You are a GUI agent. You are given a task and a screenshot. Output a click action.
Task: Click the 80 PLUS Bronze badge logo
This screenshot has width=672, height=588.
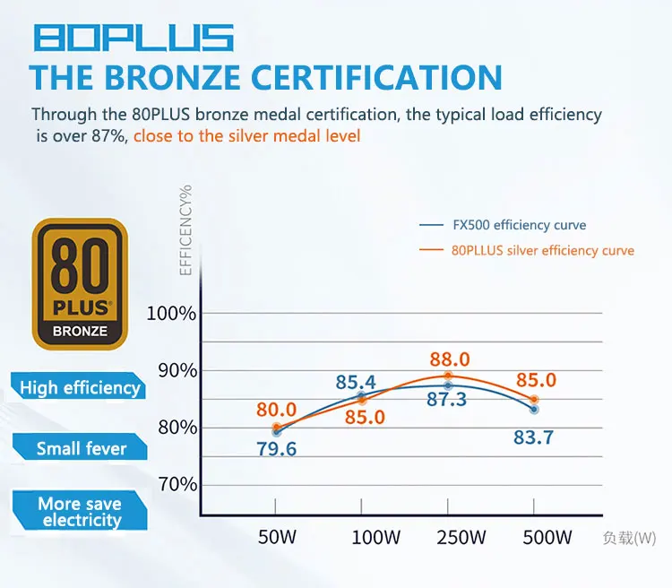80,284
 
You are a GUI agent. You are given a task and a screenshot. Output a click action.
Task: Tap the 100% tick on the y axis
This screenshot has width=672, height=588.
171,314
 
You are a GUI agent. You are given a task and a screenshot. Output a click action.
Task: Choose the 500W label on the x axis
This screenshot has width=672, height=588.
547,538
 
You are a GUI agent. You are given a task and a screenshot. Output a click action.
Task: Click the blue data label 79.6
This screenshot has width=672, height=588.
276,449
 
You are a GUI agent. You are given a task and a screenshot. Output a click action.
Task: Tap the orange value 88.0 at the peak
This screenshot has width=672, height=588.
449,359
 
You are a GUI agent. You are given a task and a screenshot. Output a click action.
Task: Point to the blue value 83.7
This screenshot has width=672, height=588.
533,437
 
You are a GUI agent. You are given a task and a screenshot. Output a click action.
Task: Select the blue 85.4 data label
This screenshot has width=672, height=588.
356,383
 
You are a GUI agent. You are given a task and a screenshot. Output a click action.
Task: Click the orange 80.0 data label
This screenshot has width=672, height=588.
276,410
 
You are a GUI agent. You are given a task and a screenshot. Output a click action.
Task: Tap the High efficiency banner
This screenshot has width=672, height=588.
80,388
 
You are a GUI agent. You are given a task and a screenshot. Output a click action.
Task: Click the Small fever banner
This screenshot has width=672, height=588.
81,448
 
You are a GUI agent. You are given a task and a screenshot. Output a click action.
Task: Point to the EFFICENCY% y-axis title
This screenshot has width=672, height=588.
186,229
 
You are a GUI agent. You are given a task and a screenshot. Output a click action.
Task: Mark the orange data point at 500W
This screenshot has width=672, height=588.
535,400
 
